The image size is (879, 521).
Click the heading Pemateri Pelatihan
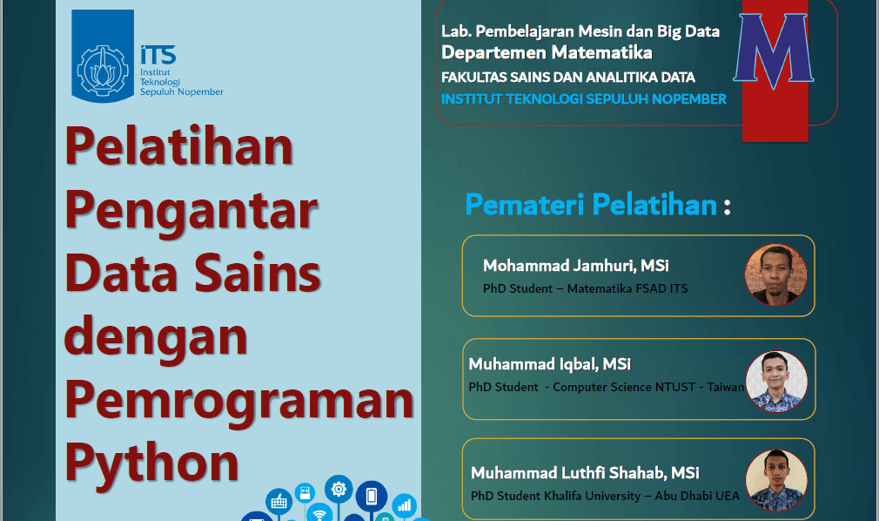pos(591,205)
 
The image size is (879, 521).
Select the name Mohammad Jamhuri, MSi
pos(575,265)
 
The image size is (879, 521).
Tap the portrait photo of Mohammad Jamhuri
pos(775,274)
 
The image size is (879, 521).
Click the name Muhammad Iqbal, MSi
pos(549,363)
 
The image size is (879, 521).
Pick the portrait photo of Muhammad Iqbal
pos(776,381)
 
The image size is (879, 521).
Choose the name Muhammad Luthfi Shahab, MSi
pos(585,473)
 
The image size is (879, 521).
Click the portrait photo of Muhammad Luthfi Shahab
pos(776,480)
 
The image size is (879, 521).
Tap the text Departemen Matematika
pos(547,53)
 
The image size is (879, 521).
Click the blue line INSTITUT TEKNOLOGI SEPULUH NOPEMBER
pos(583,99)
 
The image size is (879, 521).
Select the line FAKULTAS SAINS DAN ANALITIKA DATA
pos(567,77)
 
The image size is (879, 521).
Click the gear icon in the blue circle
pos(339,491)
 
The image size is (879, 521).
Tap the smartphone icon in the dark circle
pos(372,496)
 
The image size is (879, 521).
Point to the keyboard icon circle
pos(278,501)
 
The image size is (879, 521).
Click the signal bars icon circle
pos(404,504)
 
